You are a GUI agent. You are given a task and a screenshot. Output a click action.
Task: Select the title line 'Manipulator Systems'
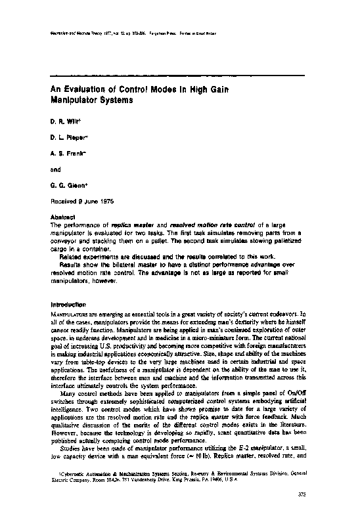pyautogui.click(x=92, y=101)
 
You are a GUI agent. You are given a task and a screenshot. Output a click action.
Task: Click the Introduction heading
pyautogui.click(x=68, y=305)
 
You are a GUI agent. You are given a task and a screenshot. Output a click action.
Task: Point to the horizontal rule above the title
pyautogui.click(x=177, y=76)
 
